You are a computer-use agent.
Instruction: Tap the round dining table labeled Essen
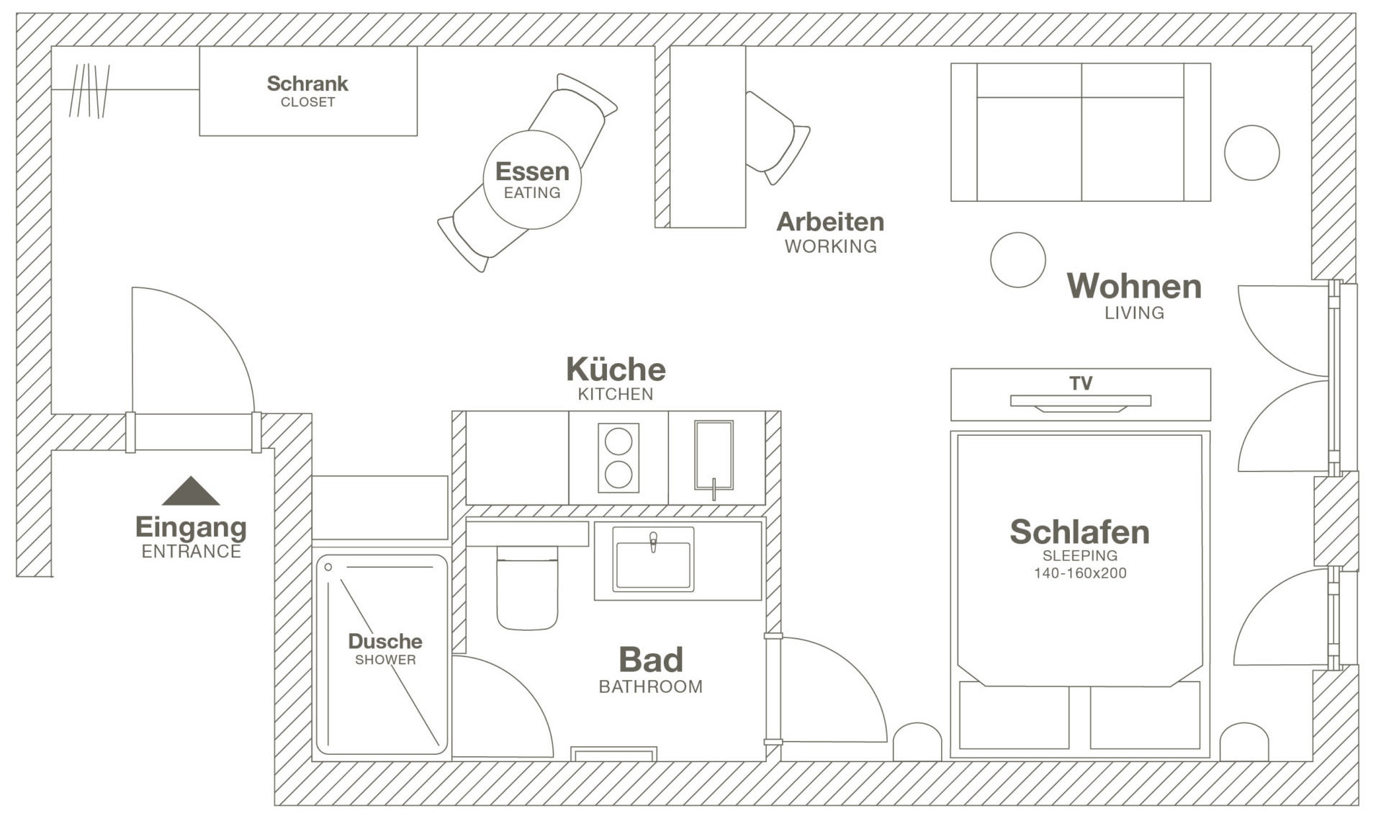[x=531, y=180]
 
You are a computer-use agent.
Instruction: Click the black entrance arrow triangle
[x=190, y=491]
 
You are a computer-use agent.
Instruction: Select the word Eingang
[x=191, y=527]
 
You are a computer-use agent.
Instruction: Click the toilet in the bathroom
[x=527, y=587]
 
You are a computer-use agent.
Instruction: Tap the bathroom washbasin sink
[x=653, y=560]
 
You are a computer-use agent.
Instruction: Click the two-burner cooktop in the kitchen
[x=618, y=457]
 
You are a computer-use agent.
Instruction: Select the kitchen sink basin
[x=714, y=456]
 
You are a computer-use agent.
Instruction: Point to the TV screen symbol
[x=1080, y=401]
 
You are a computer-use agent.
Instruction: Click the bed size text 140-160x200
[x=1080, y=573]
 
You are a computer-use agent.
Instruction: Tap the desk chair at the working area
[x=775, y=137]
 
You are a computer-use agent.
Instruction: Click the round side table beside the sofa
[x=1251, y=153]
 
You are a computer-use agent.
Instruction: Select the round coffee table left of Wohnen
[x=1017, y=259]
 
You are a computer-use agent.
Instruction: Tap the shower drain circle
[x=328, y=568]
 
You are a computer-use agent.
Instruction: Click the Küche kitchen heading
[x=616, y=370]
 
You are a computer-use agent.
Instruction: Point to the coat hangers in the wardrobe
[x=89, y=91]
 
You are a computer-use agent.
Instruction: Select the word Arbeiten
[x=830, y=222]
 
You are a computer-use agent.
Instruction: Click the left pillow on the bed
[x=1014, y=716]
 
